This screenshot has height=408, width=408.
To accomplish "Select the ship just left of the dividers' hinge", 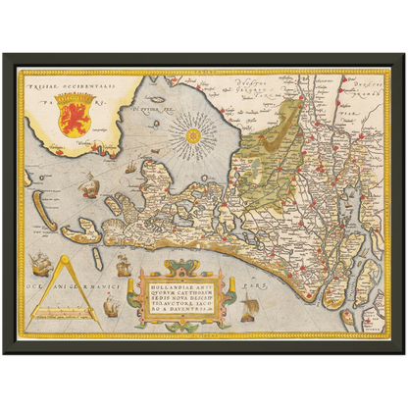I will [41, 263].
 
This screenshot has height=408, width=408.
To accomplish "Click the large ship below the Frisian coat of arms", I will [88, 182].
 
